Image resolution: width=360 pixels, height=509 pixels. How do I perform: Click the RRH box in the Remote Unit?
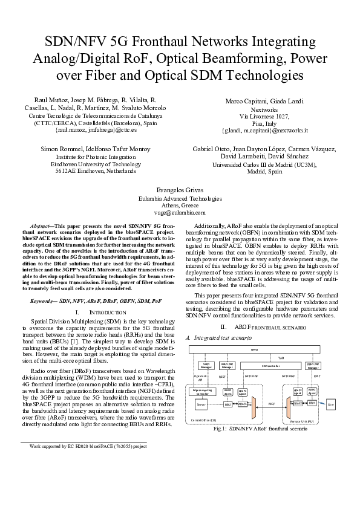pyautogui.click(x=312, y=403)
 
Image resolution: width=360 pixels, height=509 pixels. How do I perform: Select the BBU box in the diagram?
pyautogui.click(x=228, y=404)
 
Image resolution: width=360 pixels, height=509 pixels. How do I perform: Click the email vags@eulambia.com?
pyautogui.click(x=180, y=213)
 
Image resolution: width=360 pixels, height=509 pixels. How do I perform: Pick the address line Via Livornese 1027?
pyautogui.click(x=264, y=115)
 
